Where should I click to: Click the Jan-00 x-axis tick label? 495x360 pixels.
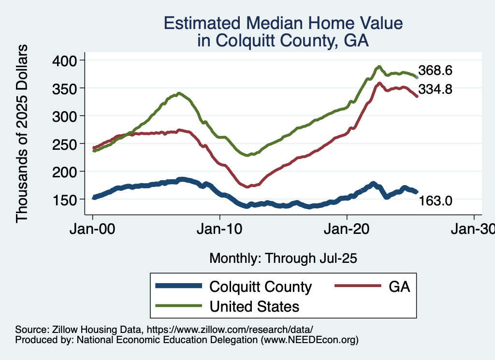[x=93, y=229]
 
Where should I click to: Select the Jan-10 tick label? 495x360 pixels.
[x=220, y=229]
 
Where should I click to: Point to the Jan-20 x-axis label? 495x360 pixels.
[x=347, y=229]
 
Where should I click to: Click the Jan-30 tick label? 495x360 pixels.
[x=473, y=229]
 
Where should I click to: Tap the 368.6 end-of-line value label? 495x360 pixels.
[x=435, y=71]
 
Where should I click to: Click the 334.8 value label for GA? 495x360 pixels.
[x=435, y=89]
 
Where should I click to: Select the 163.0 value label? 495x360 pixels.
[x=435, y=200]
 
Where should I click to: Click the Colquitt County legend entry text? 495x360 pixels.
[x=261, y=287]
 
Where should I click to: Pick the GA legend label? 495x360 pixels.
[x=399, y=287]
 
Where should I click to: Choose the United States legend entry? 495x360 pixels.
[x=254, y=306]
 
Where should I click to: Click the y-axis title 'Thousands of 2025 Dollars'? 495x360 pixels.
[x=22, y=133]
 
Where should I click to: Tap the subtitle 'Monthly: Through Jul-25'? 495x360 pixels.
[x=283, y=259]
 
